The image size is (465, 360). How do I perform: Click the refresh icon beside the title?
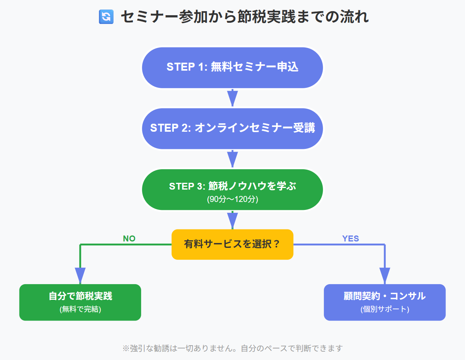[x=106, y=17]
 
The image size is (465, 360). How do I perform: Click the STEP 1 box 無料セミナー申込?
[x=232, y=67]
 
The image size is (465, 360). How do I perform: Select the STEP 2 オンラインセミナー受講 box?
[x=232, y=128]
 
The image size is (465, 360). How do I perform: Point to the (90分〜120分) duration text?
[x=232, y=199]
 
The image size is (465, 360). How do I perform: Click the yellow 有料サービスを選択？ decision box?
[x=232, y=244]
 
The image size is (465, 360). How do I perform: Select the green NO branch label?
[x=129, y=239]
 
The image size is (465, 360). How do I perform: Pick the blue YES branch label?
[x=351, y=239]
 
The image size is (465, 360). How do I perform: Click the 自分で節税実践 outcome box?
[x=80, y=302]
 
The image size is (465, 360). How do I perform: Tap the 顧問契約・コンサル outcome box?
[x=384, y=302]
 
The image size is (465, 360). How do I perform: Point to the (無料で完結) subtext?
[x=80, y=309]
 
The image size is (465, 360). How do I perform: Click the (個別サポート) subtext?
[x=384, y=309]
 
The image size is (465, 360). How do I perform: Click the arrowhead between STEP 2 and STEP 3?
[x=232, y=159]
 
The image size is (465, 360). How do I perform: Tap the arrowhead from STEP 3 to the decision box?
[x=232, y=220]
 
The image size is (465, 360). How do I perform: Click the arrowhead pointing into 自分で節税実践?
[x=80, y=275]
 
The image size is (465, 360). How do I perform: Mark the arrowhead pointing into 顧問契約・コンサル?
[x=384, y=275]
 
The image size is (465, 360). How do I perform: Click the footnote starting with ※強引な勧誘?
[x=232, y=348]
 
